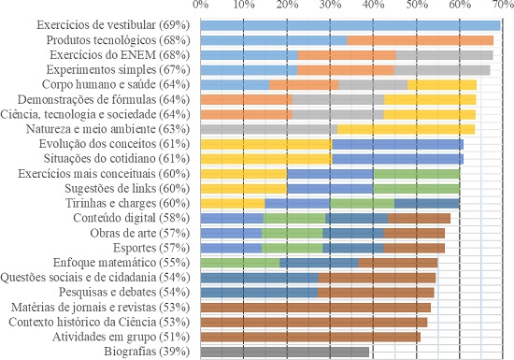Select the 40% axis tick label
click(x=372, y=7)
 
